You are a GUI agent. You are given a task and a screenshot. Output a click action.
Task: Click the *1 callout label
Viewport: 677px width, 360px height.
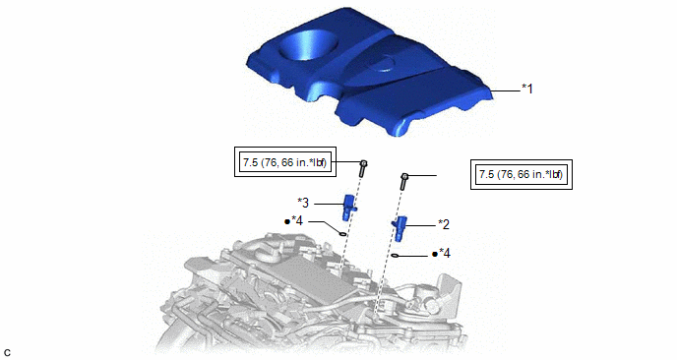click(x=527, y=89)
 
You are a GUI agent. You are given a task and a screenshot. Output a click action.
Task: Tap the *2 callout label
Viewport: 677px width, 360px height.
click(x=444, y=224)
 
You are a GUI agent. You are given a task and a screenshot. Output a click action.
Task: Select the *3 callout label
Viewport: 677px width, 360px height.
click(x=303, y=203)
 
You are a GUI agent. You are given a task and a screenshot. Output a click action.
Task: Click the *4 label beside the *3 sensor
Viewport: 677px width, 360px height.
click(x=297, y=221)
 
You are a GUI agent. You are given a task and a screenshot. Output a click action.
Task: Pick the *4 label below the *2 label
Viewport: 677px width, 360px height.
click(x=445, y=254)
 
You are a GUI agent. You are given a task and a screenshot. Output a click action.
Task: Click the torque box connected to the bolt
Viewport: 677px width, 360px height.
click(x=285, y=162)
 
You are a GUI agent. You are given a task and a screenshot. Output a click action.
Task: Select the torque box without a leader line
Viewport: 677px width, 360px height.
click(x=522, y=174)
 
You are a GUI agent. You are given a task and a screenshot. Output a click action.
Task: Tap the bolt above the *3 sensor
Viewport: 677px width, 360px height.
click(x=363, y=168)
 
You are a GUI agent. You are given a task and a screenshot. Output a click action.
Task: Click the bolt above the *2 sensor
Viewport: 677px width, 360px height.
click(x=404, y=182)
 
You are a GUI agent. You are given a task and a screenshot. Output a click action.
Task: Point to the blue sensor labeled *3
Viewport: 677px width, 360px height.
click(x=349, y=207)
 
